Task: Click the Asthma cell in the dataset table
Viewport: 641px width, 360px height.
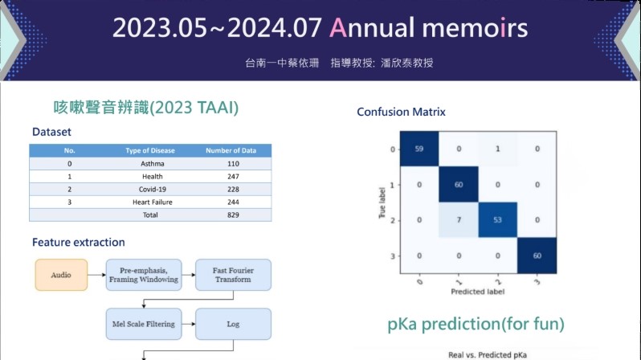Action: click(x=152, y=164)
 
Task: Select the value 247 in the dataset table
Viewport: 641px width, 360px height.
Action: click(x=233, y=176)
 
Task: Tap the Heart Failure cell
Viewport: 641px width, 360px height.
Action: click(x=152, y=202)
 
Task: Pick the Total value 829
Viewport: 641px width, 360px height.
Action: click(x=233, y=215)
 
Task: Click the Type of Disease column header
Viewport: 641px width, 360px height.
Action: click(x=150, y=150)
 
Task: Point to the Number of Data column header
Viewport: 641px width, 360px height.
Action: click(x=231, y=150)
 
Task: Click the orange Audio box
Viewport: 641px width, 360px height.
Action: click(x=61, y=275)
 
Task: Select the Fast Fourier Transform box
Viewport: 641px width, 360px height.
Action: click(x=233, y=275)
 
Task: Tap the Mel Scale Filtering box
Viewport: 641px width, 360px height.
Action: click(x=144, y=324)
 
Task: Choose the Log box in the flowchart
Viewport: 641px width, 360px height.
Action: click(x=233, y=324)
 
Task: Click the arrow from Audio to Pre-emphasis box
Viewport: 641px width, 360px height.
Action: click(x=96, y=275)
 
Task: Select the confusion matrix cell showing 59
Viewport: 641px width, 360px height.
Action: click(x=419, y=149)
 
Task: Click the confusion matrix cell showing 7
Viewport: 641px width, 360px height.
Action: click(x=459, y=219)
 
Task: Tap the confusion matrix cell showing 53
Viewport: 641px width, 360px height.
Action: click(x=497, y=219)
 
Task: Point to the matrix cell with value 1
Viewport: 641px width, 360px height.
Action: click(x=497, y=149)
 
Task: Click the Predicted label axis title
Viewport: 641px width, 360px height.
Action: click(x=477, y=292)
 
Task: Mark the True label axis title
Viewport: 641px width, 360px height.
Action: click(x=382, y=202)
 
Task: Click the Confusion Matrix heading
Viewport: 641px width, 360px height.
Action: click(x=401, y=112)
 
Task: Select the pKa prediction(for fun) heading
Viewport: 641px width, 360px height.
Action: click(x=476, y=324)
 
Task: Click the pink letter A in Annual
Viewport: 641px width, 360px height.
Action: click(x=338, y=28)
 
